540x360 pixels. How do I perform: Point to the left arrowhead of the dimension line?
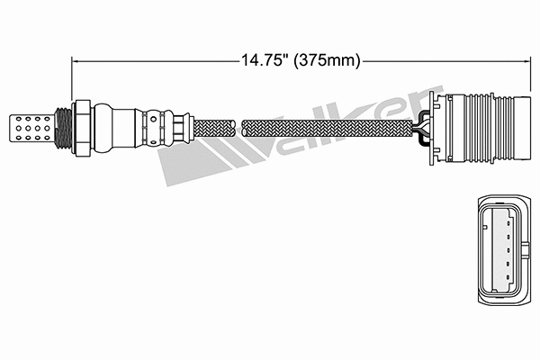point(76,61)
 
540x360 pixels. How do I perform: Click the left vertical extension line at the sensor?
point(72,81)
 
